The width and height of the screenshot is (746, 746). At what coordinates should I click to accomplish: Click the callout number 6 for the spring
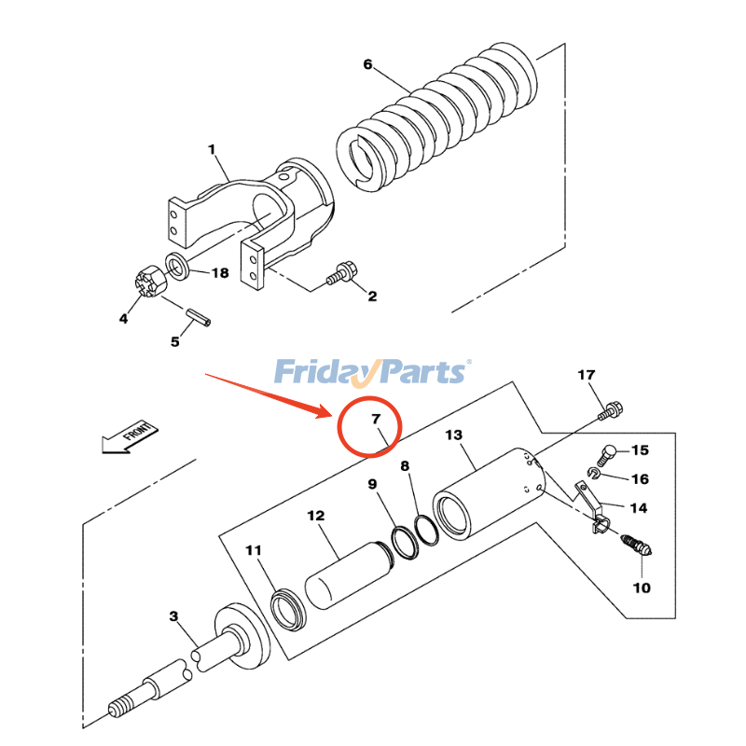click(x=367, y=64)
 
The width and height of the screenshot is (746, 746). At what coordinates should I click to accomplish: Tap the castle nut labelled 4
click(x=150, y=284)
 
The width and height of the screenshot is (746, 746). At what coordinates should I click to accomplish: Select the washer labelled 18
click(x=177, y=267)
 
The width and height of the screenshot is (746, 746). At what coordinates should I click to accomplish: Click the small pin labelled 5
click(x=198, y=317)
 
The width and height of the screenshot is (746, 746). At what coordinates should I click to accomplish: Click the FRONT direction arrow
click(x=131, y=436)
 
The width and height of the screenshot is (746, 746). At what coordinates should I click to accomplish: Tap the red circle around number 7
click(x=369, y=427)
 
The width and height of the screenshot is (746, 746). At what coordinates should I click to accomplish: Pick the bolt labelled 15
click(x=607, y=454)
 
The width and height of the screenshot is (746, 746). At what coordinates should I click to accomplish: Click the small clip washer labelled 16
click(x=593, y=473)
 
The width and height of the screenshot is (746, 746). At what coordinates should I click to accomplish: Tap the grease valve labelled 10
click(x=637, y=546)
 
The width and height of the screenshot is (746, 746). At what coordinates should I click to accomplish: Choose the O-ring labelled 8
click(x=427, y=530)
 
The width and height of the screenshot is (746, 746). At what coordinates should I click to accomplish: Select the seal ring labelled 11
click(x=288, y=610)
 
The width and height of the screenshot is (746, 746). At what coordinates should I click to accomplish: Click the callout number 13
click(x=453, y=435)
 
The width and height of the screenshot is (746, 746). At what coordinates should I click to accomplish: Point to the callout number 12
click(x=315, y=516)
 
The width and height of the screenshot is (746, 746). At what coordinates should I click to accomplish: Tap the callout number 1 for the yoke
click(x=212, y=149)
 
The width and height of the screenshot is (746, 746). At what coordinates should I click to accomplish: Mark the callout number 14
click(x=638, y=508)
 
